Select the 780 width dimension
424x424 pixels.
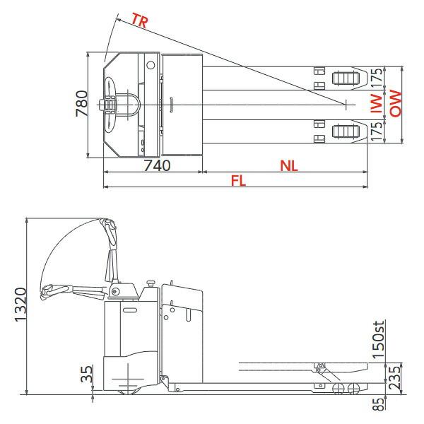point(83,104)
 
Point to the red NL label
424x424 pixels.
point(288,165)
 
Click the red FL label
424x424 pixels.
point(239,181)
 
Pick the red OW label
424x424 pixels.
point(395,104)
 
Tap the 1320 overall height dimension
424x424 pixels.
point(21,305)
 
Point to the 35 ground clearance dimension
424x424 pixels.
point(86,374)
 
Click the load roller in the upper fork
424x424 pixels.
point(343,77)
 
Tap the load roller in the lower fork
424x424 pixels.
point(343,131)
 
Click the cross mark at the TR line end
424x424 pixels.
point(346,105)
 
